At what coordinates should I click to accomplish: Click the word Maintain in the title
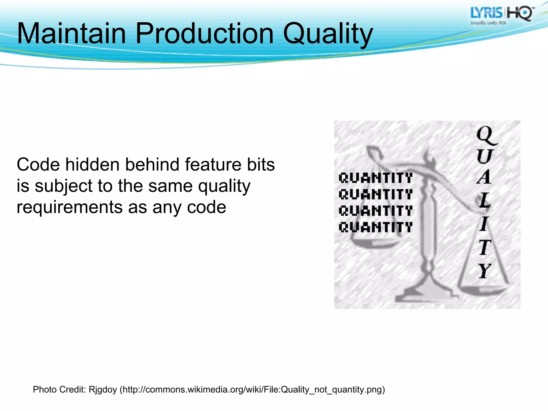tap(71, 34)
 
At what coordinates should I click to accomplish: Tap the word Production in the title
tap(205, 34)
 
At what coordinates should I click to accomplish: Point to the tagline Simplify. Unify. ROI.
tap(488, 23)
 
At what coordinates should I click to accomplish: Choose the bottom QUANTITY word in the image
tap(375, 227)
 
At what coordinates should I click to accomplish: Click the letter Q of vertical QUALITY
tap(486, 135)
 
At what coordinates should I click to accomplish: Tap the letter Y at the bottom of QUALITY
tap(485, 271)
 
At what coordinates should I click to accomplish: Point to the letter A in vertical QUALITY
tap(484, 177)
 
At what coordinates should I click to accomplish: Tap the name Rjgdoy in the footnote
tap(103, 390)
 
